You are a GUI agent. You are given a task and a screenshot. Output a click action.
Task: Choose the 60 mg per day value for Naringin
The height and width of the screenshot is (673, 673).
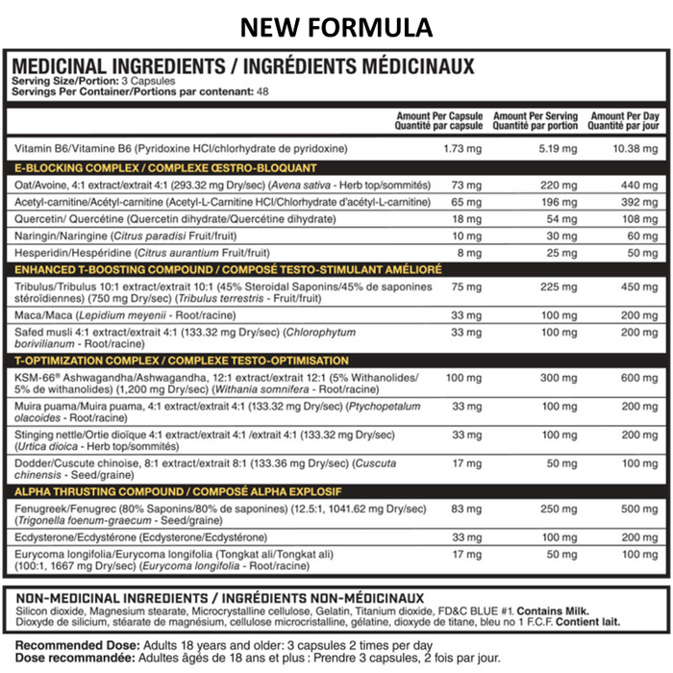pyautogui.click(x=639, y=236)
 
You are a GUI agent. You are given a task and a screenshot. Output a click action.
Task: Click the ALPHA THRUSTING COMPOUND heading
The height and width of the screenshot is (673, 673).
pyautogui.click(x=204, y=490)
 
